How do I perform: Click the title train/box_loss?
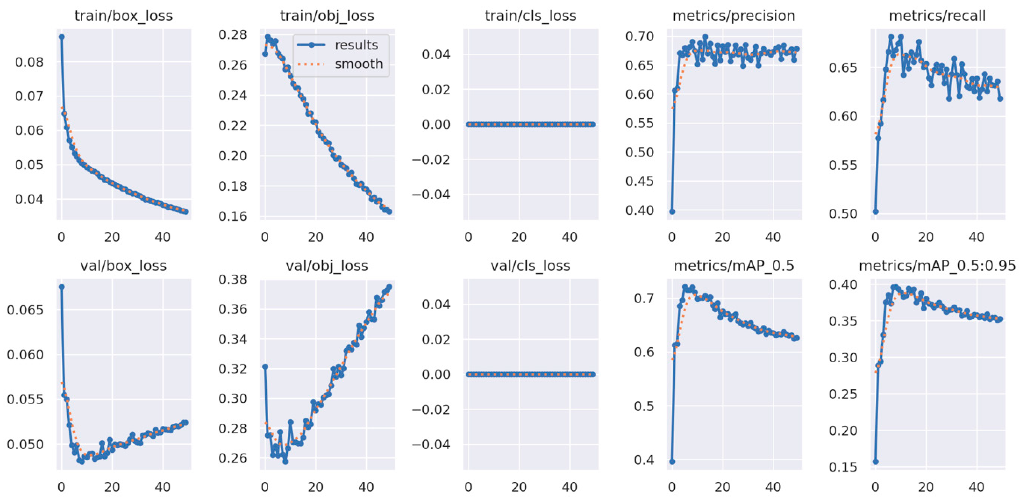click(123, 16)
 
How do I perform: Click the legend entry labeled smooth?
click(358, 64)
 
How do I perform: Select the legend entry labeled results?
click(356, 45)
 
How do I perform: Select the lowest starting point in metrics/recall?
click(876, 211)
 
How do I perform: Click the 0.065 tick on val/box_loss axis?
click(25, 310)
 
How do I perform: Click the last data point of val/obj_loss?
click(389, 287)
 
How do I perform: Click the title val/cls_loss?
click(530, 266)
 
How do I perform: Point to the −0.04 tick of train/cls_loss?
click(431, 194)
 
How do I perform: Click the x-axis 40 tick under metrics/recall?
click(976, 237)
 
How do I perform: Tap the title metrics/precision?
click(734, 16)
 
